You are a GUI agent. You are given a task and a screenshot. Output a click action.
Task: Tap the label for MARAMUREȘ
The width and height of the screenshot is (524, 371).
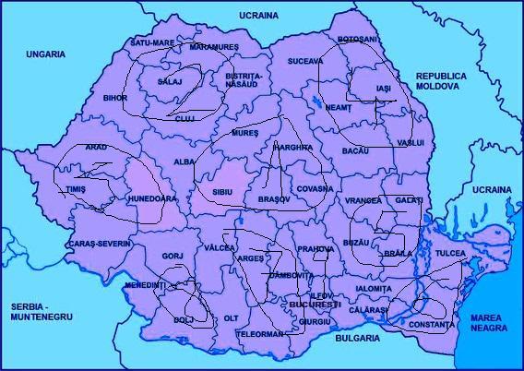coord(214,46)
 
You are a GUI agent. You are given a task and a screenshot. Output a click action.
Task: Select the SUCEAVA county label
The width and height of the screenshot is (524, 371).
coord(305,61)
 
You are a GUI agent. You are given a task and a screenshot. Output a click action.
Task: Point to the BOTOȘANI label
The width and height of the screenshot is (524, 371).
coord(358,40)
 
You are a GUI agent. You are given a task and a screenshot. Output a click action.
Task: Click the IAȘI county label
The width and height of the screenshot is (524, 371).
coord(384,88)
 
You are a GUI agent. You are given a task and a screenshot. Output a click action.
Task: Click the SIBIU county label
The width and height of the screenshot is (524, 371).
coord(223,191)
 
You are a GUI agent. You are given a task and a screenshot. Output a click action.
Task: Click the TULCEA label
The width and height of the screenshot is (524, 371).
coord(450,252)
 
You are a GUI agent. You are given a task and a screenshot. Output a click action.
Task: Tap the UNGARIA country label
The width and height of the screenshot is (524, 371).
coord(45,54)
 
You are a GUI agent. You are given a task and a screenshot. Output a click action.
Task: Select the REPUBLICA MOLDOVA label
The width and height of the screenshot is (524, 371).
coord(441,80)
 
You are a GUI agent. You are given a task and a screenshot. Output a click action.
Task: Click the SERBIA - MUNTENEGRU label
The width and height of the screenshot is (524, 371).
coord(40,310)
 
